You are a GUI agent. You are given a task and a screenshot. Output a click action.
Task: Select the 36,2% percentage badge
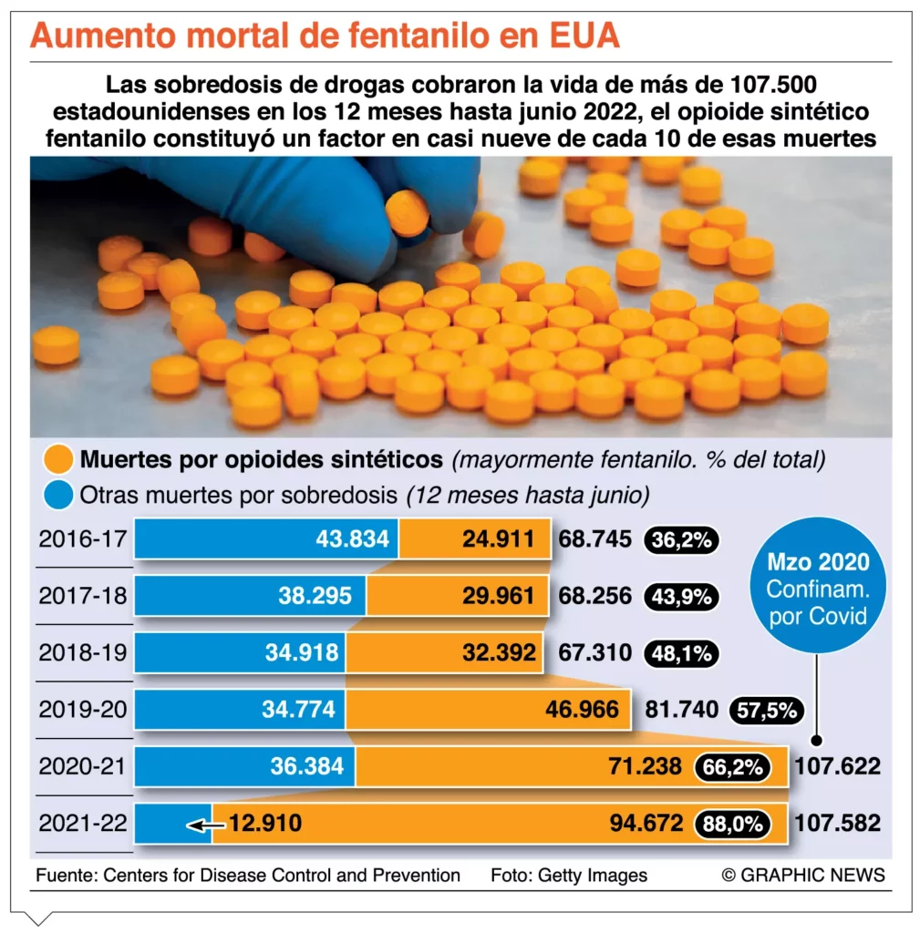[682, 540]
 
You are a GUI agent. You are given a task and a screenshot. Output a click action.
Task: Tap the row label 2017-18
[83, 596]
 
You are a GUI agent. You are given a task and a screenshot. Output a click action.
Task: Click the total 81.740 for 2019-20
[682, 710]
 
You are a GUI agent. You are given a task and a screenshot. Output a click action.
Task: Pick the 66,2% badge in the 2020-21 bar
[731, 767]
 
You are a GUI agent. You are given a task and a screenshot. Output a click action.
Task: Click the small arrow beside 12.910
[205, 825]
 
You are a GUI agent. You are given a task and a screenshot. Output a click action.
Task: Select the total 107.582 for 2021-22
[838, 824]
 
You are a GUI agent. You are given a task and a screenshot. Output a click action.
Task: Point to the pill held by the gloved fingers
[407, 210]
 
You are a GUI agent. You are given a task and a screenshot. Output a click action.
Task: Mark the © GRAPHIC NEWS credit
[803, 876]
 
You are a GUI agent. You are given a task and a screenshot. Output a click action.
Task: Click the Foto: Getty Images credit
[568, 876]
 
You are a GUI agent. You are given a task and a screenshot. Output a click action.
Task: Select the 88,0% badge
[731, 825]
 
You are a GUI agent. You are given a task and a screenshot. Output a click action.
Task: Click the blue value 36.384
[306, 766]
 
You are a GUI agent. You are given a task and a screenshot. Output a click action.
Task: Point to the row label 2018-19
[83, 652]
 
